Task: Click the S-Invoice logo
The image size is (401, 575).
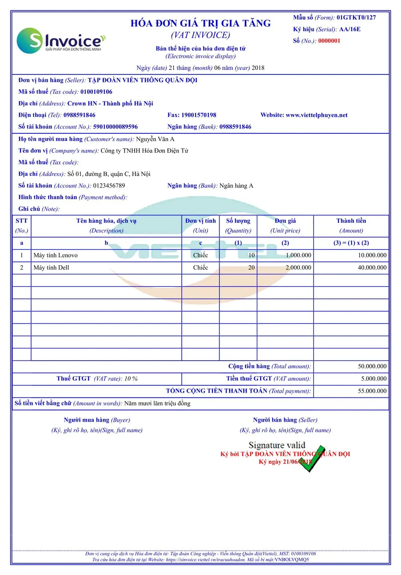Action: [x=61, y=40]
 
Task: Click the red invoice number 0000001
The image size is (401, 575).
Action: [x=329, y=41]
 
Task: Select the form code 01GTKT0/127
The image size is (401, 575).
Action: [x=356, y=18]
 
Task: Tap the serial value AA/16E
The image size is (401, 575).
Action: [x=350, y=29]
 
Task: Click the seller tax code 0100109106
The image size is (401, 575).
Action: [x=96, y=92]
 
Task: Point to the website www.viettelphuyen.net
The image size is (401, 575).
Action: [x=316, y=115]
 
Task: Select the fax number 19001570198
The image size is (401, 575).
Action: [x=198, y=115]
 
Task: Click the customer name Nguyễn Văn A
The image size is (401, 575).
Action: [x=155, y=139]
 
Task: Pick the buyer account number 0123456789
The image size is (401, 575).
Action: [x=109, y=186]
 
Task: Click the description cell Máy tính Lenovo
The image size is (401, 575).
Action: [x=56, y=256]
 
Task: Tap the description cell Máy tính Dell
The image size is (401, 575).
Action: [x=51, y=268]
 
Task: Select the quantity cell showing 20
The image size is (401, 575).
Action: [x=251, y=268]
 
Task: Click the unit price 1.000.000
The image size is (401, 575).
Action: [x=298, y=256]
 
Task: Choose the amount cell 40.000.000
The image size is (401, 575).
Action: [x=372, y=268]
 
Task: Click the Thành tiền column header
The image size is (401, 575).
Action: [x=351, y=221]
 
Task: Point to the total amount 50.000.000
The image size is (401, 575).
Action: [x=372, y=367]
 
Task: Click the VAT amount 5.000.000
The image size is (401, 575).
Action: [x=374, y=379]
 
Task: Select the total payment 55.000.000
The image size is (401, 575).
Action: [x=372, y=391]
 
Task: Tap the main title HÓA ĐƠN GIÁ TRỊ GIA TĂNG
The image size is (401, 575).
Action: [x=200, y=23]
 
